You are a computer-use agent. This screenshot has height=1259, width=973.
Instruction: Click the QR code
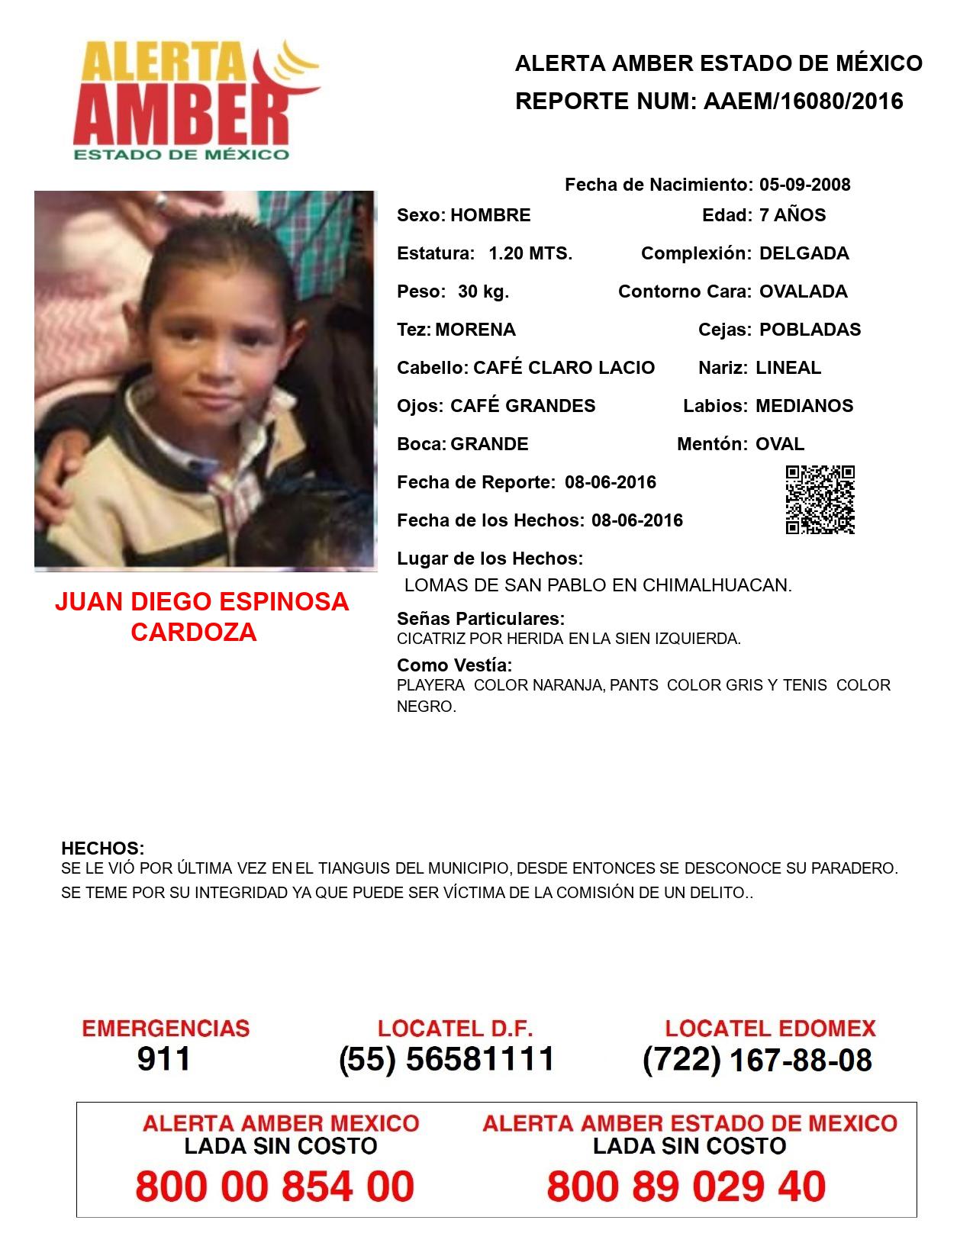(x=820, y=500)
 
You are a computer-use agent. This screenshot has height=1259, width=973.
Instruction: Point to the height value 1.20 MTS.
(x=530, y=253)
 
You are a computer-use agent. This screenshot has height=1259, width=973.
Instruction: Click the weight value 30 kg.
(x=483, y=291)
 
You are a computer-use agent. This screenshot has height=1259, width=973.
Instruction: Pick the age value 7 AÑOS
(x=792, y=215)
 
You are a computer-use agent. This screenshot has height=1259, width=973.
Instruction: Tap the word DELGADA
(x=804, y=253)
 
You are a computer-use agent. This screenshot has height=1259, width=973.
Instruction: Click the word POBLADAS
(x=810, y=330)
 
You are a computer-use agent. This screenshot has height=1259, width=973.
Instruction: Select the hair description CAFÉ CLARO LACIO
(x=563, y=368)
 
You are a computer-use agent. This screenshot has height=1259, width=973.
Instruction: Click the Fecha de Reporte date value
(x=611, y=482)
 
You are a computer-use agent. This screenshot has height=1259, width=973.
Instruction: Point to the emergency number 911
(x=164, y=1059)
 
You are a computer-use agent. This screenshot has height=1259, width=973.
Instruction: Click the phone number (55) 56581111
(x=447, y=1059)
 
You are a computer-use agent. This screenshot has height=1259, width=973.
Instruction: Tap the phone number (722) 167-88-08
(x=757, y=1059)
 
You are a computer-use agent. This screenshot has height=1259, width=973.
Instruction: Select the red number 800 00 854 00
(x=275, y=1187)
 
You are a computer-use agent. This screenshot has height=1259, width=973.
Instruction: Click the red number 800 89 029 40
(x=686, y=1187)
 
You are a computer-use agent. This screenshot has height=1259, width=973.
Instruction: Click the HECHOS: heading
(x=102, y=848)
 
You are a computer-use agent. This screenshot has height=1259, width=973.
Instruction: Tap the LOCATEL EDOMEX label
(x=770, y=1029)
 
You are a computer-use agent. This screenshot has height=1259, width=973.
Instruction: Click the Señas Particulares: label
(x=481, y=619)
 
